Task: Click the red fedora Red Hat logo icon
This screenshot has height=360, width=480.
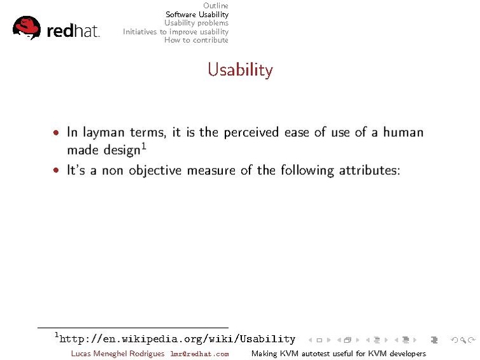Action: [x=27, y=27]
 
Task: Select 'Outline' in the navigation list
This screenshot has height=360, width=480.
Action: [x=215, y=6]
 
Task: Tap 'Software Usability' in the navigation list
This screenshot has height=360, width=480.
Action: [x=197, y=14]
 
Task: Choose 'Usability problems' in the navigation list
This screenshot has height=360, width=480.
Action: [x=196, y=23]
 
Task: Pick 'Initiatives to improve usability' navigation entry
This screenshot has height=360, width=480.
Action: [x=176, y=31]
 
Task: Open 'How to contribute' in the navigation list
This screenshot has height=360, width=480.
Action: [x=196, y=40]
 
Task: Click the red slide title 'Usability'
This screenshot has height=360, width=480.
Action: [x=240, y=69]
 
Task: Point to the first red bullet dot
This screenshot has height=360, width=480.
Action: [x=57, y=134]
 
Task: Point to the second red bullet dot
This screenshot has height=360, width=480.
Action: [x=57, y=171]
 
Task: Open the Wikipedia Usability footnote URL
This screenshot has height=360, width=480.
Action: [x=177, y=339]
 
